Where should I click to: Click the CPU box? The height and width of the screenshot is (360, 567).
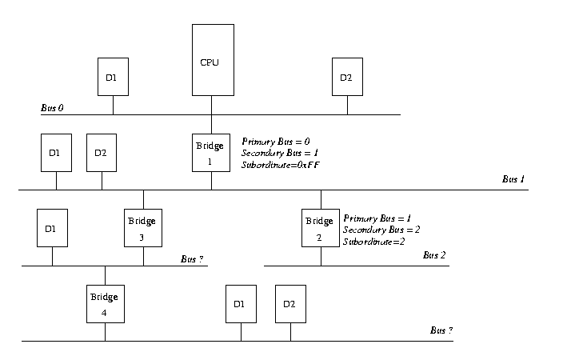[212, 60]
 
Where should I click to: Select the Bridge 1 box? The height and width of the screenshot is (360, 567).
[211, 152]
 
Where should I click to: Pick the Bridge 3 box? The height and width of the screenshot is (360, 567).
[143, 227]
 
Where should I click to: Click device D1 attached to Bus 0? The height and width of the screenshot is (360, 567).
[112, 77]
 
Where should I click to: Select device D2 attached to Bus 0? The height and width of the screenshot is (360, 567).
[346, 77]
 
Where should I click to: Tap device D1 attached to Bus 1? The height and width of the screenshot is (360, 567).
[56, 152]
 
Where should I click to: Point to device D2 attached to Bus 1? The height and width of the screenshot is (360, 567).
[101, 152]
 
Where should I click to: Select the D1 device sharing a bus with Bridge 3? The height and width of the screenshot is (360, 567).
[51, 228]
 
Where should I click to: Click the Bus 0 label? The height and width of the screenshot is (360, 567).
[52, 107]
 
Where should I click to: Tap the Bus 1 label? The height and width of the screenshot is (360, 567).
[513, 179]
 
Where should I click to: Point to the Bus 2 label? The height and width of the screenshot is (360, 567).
[434, 255]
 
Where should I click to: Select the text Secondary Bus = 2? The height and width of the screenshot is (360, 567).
[381, 230]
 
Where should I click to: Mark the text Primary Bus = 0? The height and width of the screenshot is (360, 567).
[275, 142]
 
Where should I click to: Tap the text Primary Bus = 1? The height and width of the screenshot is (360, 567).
[377, 218]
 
